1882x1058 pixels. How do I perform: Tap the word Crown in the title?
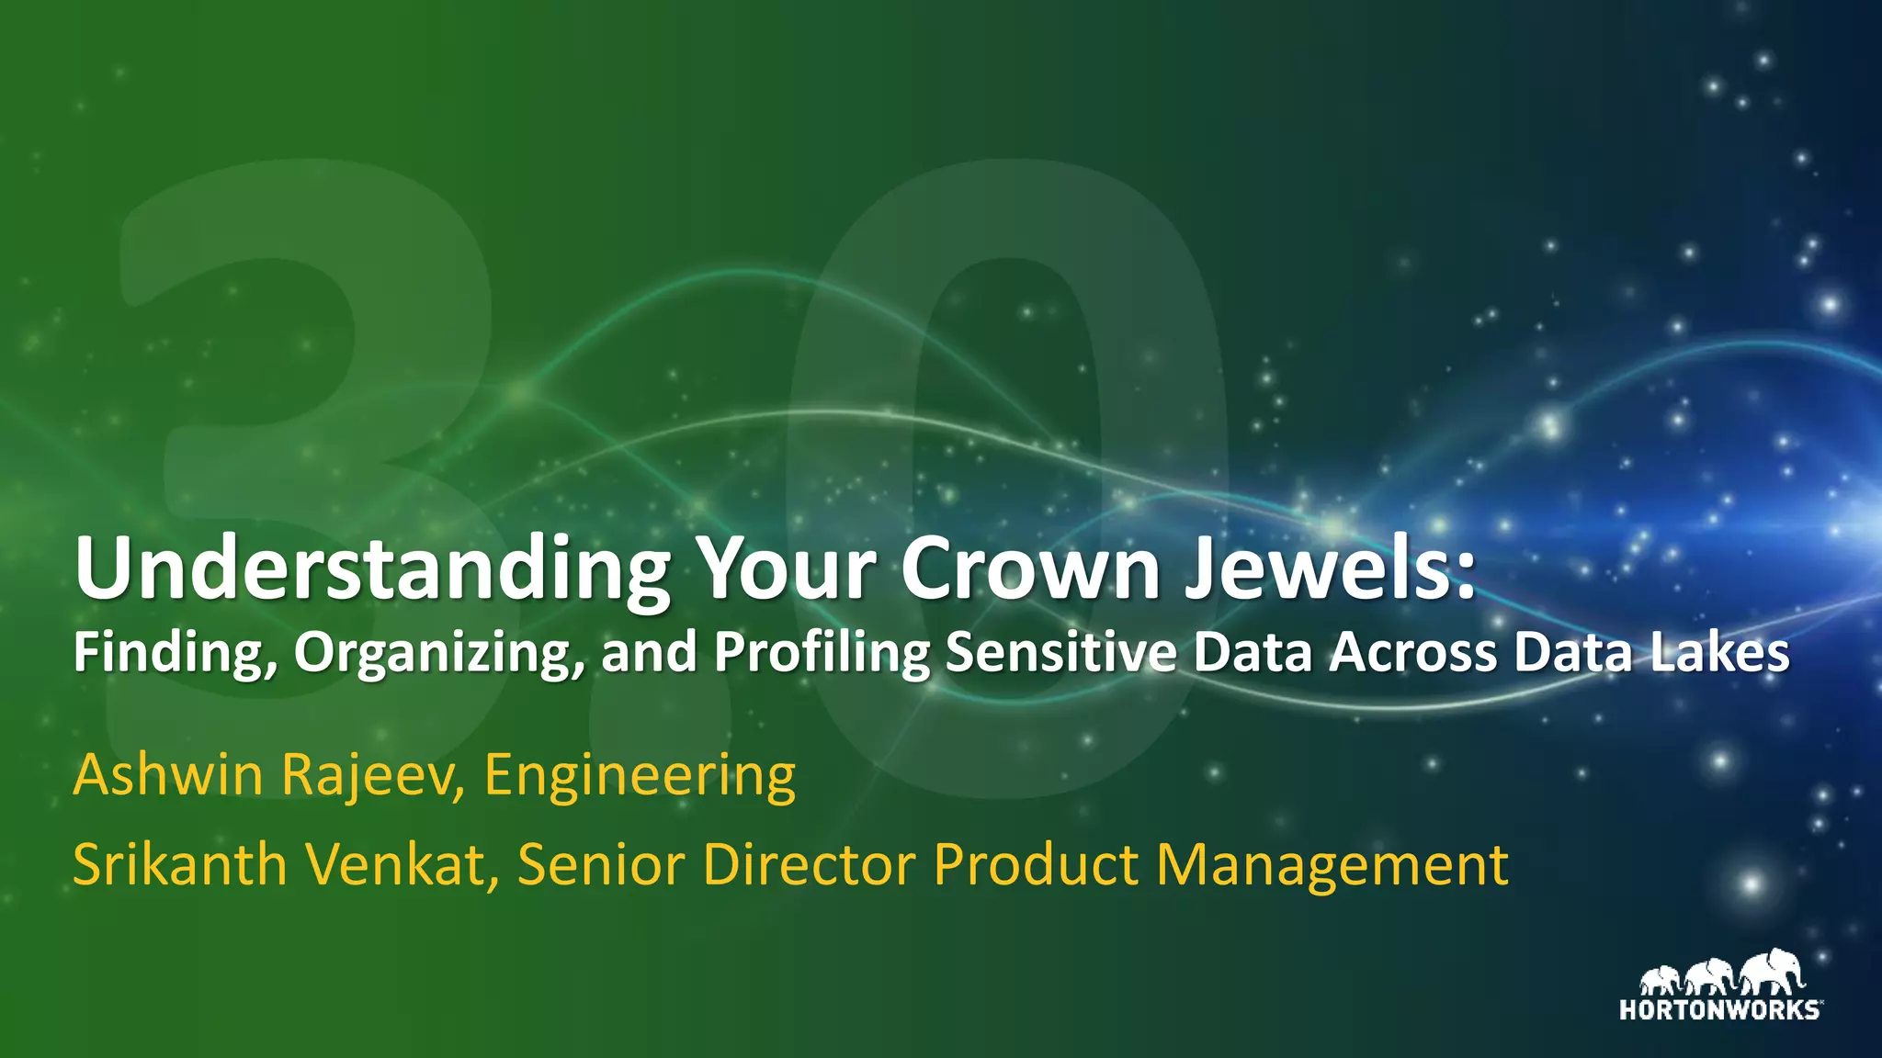pos(1029,568)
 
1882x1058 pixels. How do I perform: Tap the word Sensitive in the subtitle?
pos(1060,652)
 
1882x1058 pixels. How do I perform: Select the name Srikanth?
pos(180,864)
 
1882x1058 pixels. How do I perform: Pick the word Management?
pos(1332,866)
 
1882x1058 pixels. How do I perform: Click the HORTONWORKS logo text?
pos(1718,1010)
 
